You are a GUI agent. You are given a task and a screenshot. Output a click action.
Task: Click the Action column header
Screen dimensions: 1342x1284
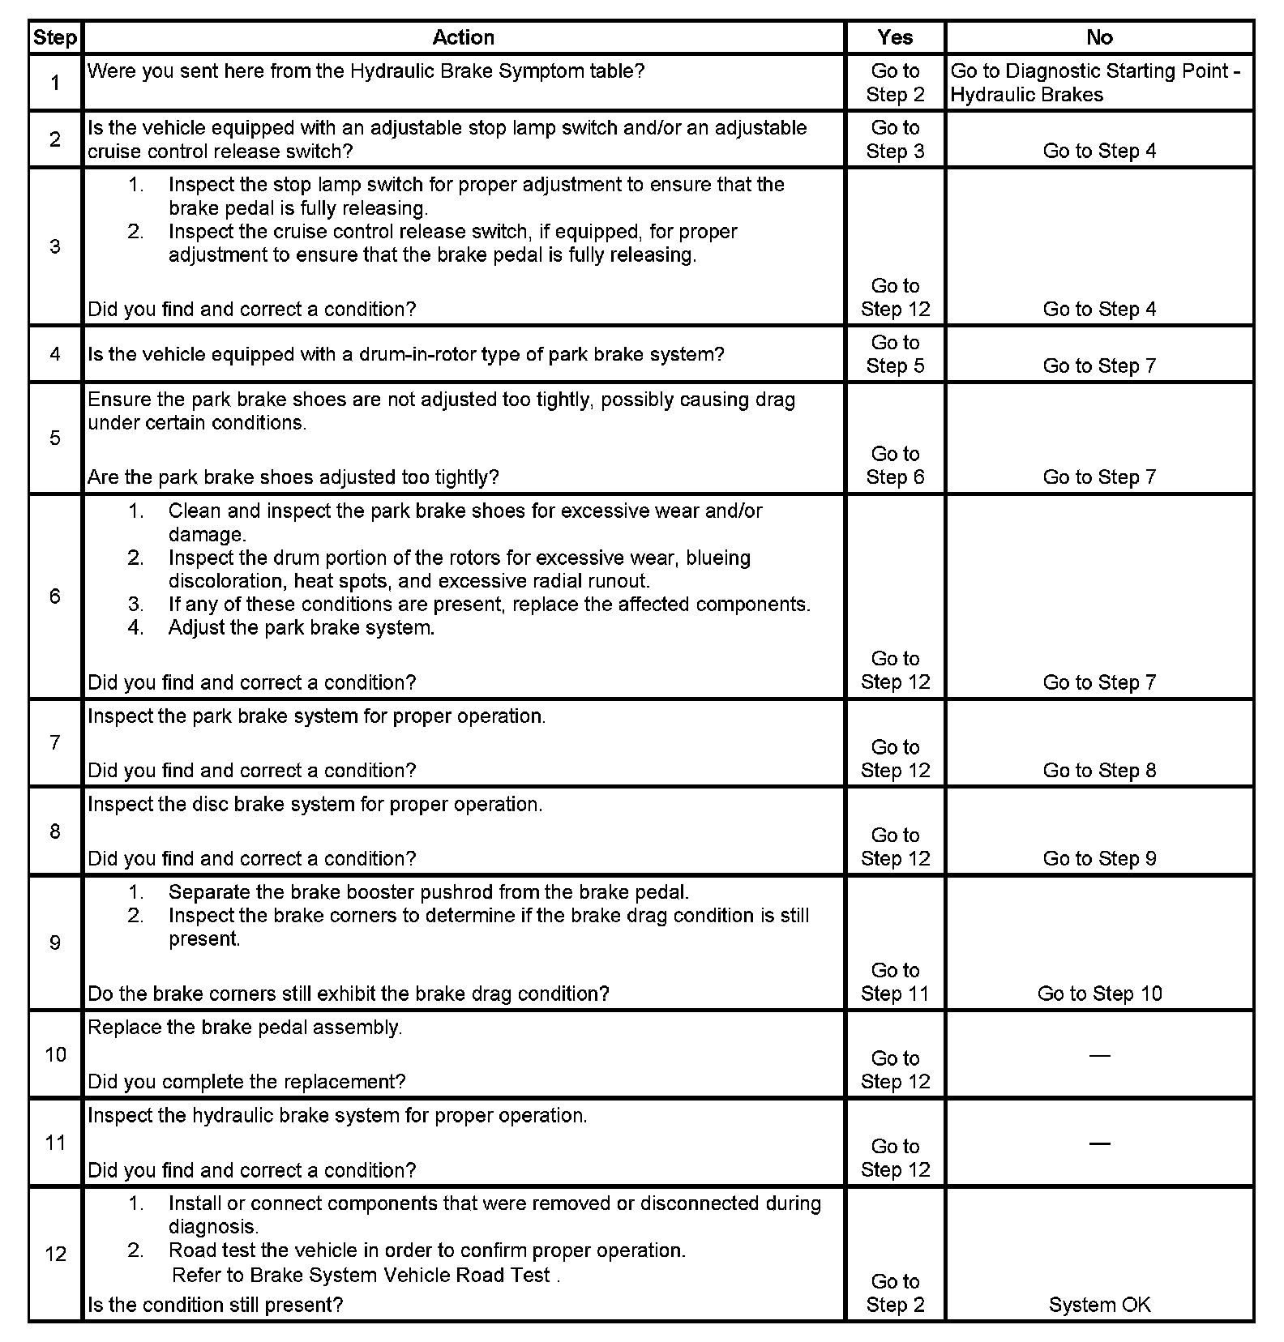[x=463, y=37]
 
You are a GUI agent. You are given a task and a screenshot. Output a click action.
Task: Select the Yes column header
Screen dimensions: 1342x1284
[x=895, y=37]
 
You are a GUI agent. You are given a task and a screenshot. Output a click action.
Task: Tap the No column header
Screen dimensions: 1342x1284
[x=1099, y=37]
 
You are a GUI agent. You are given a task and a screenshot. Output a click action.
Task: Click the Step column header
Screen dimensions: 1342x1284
[x=55, y=38]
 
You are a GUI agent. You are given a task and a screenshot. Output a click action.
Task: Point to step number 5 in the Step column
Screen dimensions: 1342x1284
[x=55, y=438]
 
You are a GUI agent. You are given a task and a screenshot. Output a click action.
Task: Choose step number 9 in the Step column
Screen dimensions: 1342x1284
[x=55, y=942]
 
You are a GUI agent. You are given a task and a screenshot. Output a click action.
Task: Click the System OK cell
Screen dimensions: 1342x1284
[x=1099, y=1305]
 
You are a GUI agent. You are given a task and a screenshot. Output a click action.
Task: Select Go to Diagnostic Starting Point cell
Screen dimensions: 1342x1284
[x=1095, y=83]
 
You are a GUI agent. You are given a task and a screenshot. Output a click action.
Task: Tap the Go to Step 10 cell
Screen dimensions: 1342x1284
[x=1099, y=994]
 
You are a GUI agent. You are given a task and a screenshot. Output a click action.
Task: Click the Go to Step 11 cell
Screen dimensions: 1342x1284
[x=895, y=982]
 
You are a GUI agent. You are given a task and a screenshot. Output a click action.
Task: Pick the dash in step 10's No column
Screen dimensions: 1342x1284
[x=1099, y=1055]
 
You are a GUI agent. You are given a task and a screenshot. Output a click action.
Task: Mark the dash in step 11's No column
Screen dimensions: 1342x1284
[x=1099, y=1143]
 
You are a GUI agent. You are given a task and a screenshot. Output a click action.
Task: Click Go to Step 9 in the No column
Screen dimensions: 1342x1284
[x=1099, y=858]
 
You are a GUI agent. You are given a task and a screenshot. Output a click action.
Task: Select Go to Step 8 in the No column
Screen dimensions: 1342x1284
[x=1099, y=770]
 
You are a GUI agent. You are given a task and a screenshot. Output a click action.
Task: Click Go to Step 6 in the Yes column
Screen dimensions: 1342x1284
[x=895, y=465]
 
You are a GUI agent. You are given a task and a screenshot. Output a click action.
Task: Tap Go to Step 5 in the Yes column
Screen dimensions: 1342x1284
[x=895, y=354]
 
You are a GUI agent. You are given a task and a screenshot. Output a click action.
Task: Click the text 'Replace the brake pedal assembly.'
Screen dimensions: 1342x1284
[x=245, y=1028]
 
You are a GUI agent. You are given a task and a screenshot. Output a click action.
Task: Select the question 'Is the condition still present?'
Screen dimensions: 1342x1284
[x=215, y=1305]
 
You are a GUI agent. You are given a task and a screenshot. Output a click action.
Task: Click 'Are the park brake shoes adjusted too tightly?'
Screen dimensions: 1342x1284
[x=293, y=477]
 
